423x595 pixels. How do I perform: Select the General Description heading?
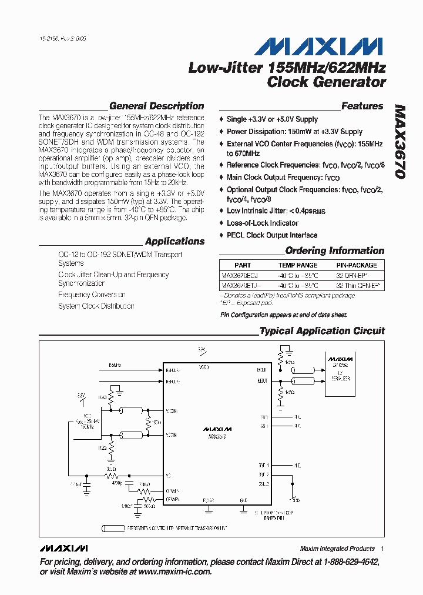pos(157,106)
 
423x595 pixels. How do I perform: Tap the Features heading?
pos(362,106)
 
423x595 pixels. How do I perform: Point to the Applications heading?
pos(174,241)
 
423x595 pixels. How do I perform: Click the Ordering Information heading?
pos(335,250)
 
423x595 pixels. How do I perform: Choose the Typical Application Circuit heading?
pos(322,331)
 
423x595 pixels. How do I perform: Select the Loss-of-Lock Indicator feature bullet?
pos(263,223)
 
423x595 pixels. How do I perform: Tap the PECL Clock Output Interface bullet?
pos(272,235)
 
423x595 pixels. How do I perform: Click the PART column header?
pos(242,265)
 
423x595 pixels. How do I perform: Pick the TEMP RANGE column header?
pos(298,265)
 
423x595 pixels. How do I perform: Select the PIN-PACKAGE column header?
pos(357,265)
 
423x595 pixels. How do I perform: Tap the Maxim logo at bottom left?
pos(63,548)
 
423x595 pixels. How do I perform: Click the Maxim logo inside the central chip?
pos(217,429)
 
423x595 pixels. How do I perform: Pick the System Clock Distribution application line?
pos(96,306)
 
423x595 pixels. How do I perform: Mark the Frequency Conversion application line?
pos(92,295)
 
